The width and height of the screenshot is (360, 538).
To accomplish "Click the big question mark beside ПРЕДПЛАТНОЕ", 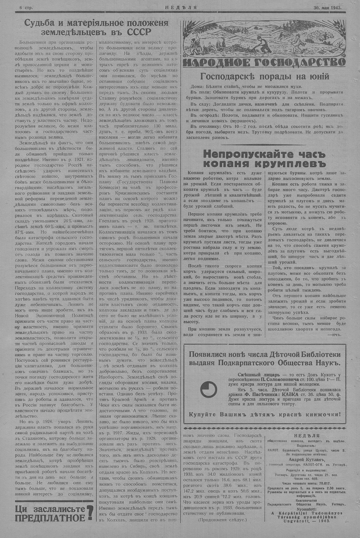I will click(91, 514).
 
